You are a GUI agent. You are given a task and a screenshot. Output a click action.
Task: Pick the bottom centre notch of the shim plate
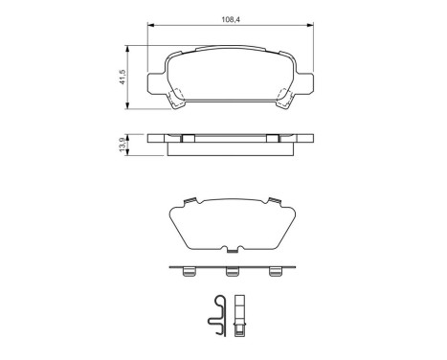click(231, 252)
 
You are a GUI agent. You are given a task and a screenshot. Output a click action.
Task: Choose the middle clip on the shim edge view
click(231, 273)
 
